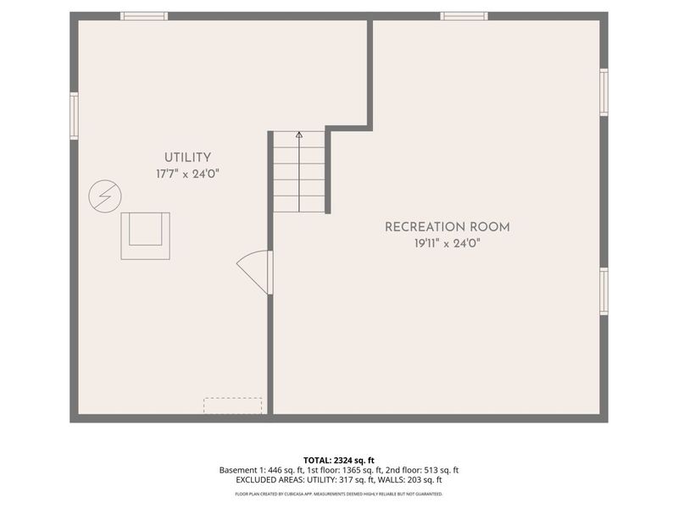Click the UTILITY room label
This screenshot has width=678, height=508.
point(187,157)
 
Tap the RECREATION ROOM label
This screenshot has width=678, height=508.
point(447,227)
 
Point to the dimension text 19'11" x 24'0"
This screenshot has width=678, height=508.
point(447,243)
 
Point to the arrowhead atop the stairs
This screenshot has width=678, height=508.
point(299,134)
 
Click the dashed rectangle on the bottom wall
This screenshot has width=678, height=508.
point(233,406)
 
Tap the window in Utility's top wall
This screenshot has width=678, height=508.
point(144,16)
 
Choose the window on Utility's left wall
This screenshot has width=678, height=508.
point(75,116)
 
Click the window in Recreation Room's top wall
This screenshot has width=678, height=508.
point(464,16)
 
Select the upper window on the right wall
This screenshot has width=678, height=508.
point(603,91)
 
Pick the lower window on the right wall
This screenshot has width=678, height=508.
point(603,291)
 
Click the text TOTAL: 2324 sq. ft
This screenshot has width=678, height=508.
point(339,460)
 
